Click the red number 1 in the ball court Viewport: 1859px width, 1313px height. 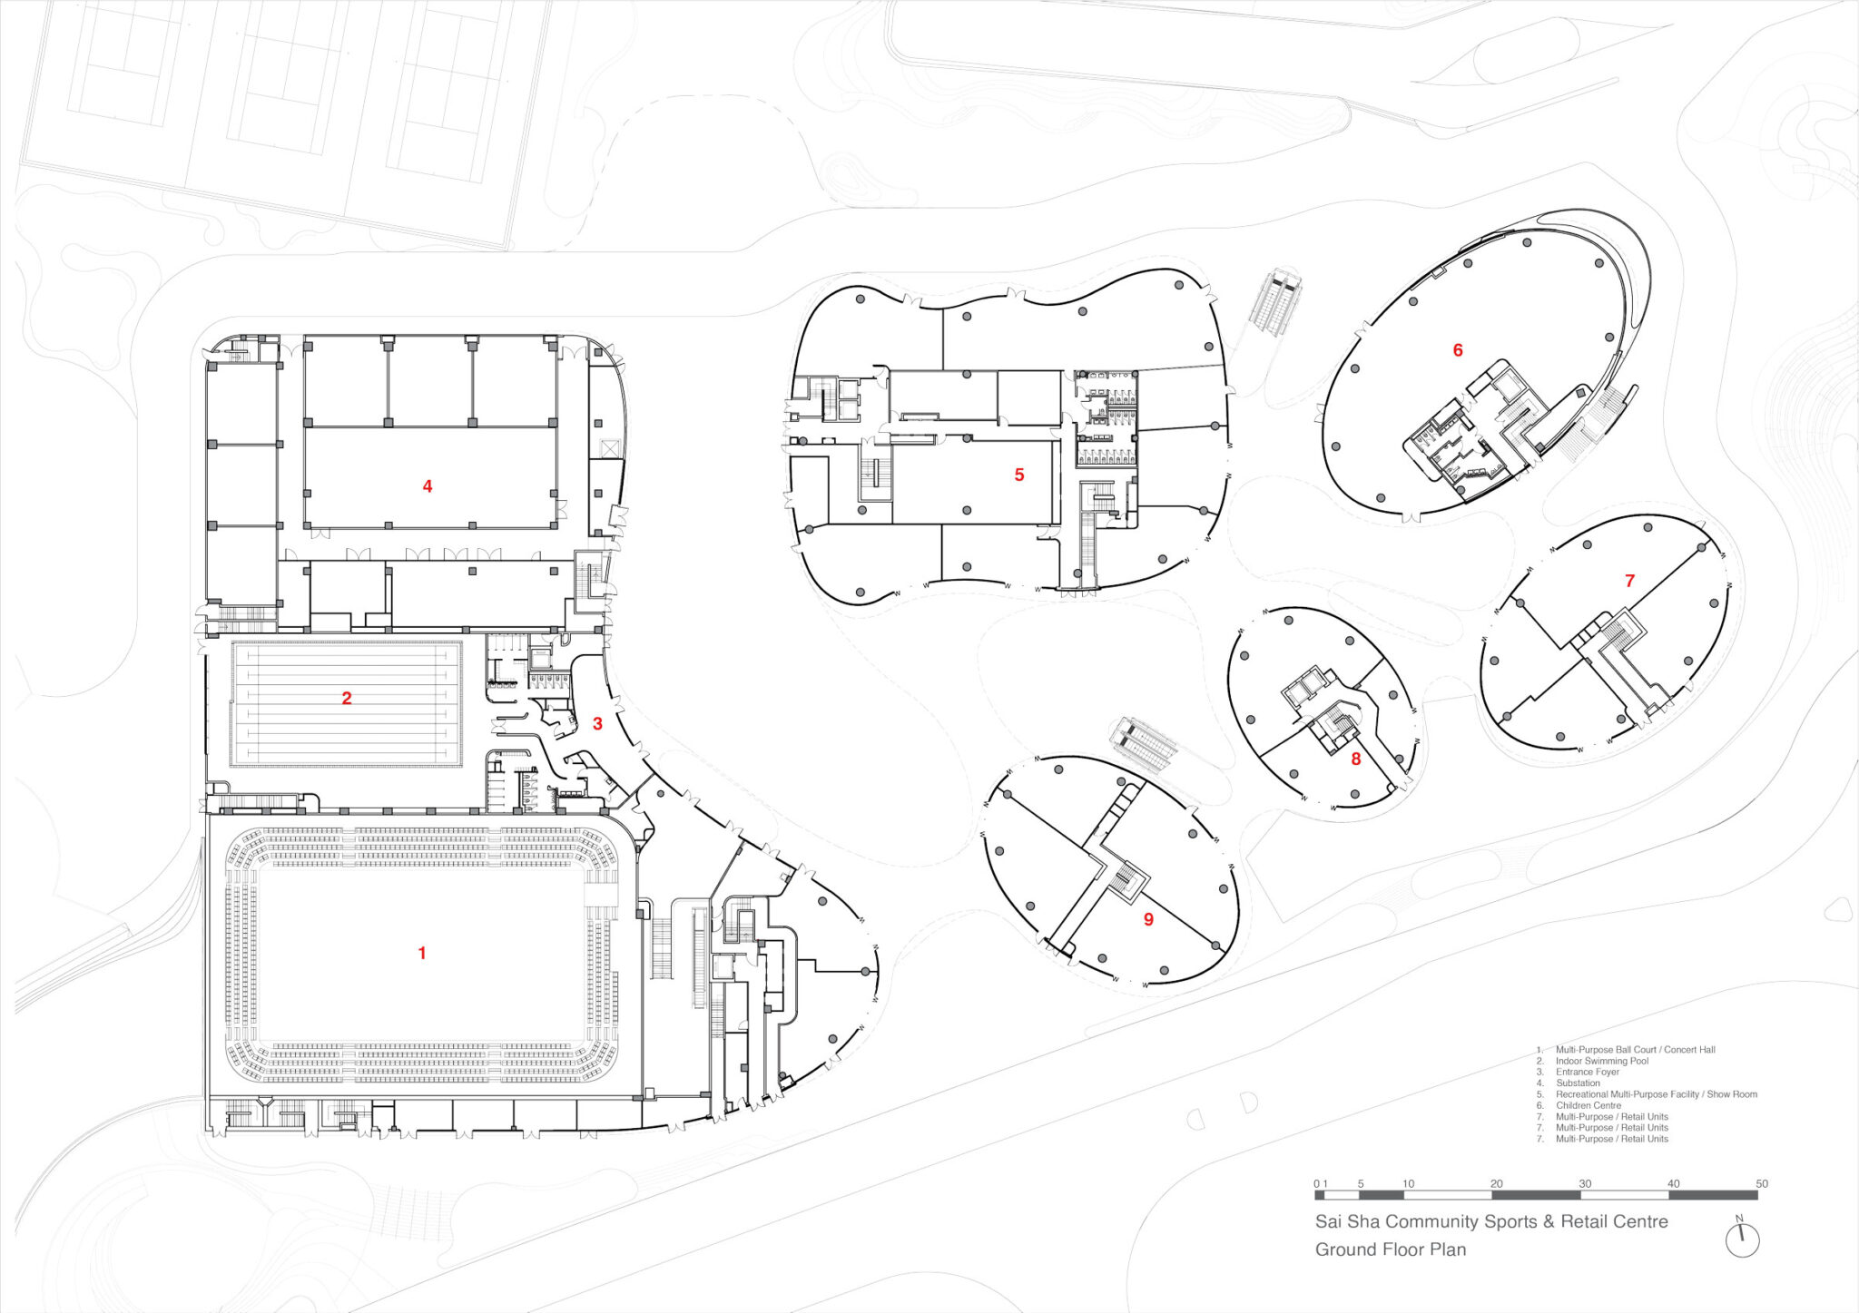point(422,953)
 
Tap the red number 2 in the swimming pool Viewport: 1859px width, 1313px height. point(347,698)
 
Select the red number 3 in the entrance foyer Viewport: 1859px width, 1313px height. point(597,724)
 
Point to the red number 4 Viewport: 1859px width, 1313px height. point(428,486)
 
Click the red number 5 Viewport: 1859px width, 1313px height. point(1019,475)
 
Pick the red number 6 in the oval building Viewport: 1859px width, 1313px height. point(1458,350)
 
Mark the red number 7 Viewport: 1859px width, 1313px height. point(1629,581)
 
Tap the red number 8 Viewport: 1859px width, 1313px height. point(1356,759)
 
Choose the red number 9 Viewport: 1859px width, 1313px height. point(1148,919)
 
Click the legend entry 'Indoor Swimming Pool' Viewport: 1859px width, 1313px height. point(1602,1061)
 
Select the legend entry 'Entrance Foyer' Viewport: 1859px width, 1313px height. point(1588,1072)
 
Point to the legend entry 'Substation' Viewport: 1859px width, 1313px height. point(1578,1083)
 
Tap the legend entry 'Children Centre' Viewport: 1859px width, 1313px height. point(1589,1105)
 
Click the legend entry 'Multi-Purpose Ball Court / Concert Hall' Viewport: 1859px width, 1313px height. point(1636,1050)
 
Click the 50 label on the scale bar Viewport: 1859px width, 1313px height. point(1762,1184)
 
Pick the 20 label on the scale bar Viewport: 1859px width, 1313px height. point(1497,1184)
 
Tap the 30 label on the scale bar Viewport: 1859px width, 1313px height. point(1585,1184)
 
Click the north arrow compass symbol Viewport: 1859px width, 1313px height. point(1742,1240)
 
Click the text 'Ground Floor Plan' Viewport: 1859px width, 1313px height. point(1391,1249)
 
